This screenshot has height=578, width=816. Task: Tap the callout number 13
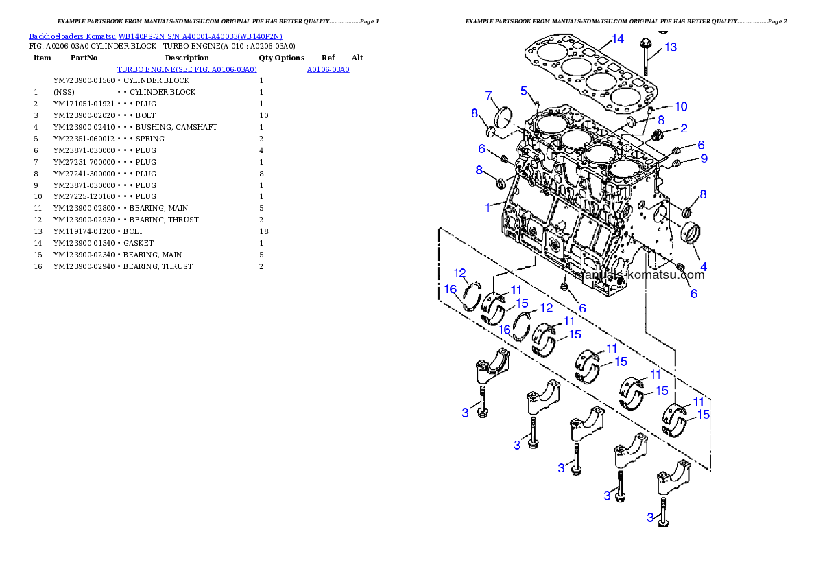click(670, 47)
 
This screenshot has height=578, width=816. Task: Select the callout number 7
click(489, 95)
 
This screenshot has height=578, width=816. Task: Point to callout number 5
click(524, 91)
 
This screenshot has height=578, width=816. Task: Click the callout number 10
click(681, 106)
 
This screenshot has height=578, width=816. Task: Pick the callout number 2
click(684, 128)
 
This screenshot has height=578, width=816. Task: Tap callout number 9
click(704, 159)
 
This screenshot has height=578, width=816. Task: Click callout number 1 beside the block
click(488, 207)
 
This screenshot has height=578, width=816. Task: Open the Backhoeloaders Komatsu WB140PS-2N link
click(156, 36)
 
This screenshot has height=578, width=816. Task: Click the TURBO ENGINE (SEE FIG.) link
click(187, 69)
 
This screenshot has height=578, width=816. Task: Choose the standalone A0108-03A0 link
click(328, 69)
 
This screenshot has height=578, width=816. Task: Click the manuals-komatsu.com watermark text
click(642, 275)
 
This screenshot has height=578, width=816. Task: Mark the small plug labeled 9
click(675, 163)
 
